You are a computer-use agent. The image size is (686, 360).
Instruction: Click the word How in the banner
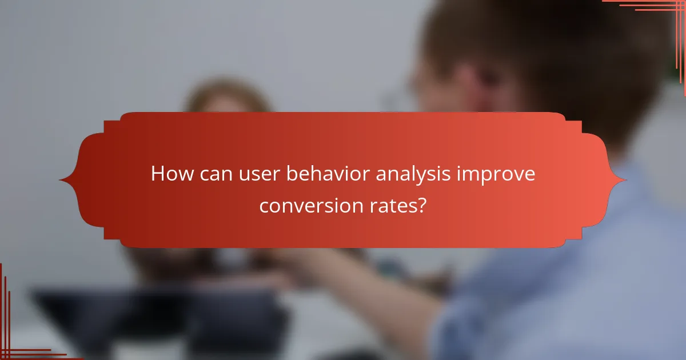tap(170, 174)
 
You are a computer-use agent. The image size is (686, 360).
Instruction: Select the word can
tap(215, 174)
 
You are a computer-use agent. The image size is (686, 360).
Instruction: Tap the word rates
tap(396, 205)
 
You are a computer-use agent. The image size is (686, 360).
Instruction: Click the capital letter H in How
tap(158, 174)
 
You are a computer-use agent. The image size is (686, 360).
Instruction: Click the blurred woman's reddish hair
tap(229, 97)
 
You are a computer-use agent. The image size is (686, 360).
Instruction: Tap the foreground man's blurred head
tap(514, 57)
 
